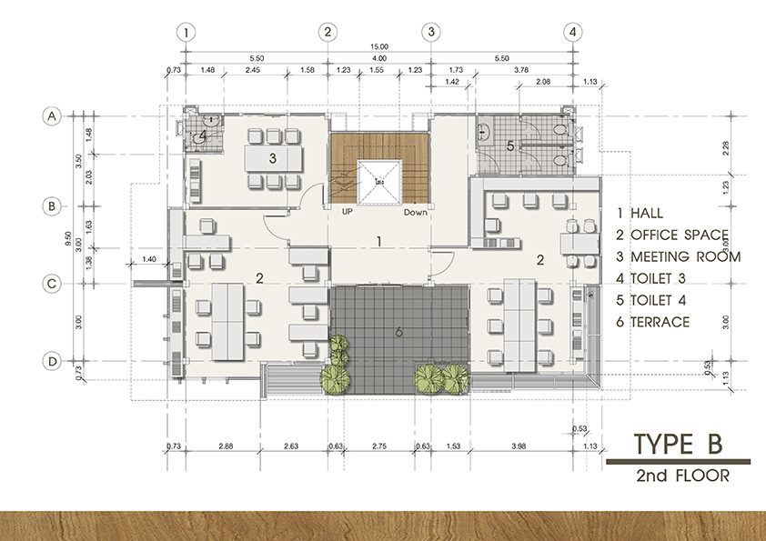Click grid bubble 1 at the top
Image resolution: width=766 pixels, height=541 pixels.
click(x=186, y=32)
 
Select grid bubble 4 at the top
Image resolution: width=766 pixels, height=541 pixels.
click(x=572, y=32)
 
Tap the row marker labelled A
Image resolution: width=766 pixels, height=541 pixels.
click(x=53, y=116)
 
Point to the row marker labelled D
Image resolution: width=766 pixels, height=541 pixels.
click(x=53, y=362)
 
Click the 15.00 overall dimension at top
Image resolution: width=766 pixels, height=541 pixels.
click(x=379, y=46)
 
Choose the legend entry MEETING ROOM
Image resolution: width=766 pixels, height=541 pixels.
click(x=678, y=256)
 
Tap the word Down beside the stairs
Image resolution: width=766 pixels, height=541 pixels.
click(x=415, y=211)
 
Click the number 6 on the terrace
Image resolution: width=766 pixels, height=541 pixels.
click(x=398, y=332)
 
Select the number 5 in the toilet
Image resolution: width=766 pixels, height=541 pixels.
click(x=510, y=145)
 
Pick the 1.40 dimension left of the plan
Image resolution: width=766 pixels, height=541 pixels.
click(x=150, y=260)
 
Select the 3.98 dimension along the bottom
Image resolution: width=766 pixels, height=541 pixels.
click(x=519, y=446)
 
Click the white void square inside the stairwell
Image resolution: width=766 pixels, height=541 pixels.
click(x=378, y=183)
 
